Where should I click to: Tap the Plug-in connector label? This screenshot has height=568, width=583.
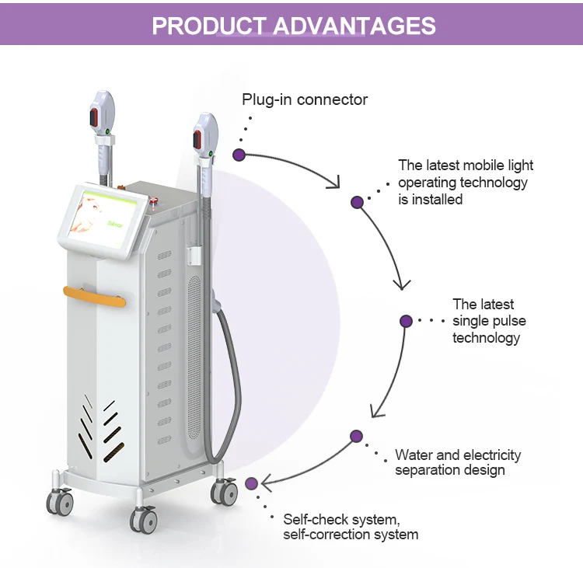click(x=305, y=99)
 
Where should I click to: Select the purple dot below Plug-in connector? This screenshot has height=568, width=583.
click(x=239, y=155)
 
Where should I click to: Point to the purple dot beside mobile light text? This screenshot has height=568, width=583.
click(x=357, y=202)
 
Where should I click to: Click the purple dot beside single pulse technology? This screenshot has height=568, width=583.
click(x=405, y=320)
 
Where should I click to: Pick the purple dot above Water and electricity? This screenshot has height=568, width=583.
click(x=356, y=436)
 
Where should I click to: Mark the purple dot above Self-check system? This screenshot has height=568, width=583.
click(x=251, y=483)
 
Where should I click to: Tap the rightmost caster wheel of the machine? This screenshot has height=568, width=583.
click(x=225, y=491)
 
